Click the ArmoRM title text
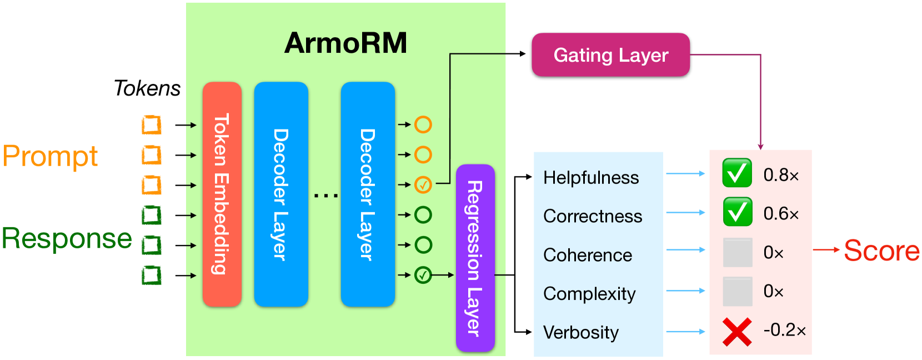345,43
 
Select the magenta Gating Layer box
611,55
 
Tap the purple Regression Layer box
475,258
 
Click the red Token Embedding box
222,194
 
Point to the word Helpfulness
591,178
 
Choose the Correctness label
593,216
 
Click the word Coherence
588,255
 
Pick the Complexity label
589,294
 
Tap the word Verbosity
581,332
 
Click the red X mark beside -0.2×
737,332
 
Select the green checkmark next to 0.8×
737,173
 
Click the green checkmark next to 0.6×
737,212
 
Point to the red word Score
881,251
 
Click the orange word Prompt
50,157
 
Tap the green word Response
67,238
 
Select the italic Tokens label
147,88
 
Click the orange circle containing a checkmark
423,184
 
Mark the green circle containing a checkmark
423,275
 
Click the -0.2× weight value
784,330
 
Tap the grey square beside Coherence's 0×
738,252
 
